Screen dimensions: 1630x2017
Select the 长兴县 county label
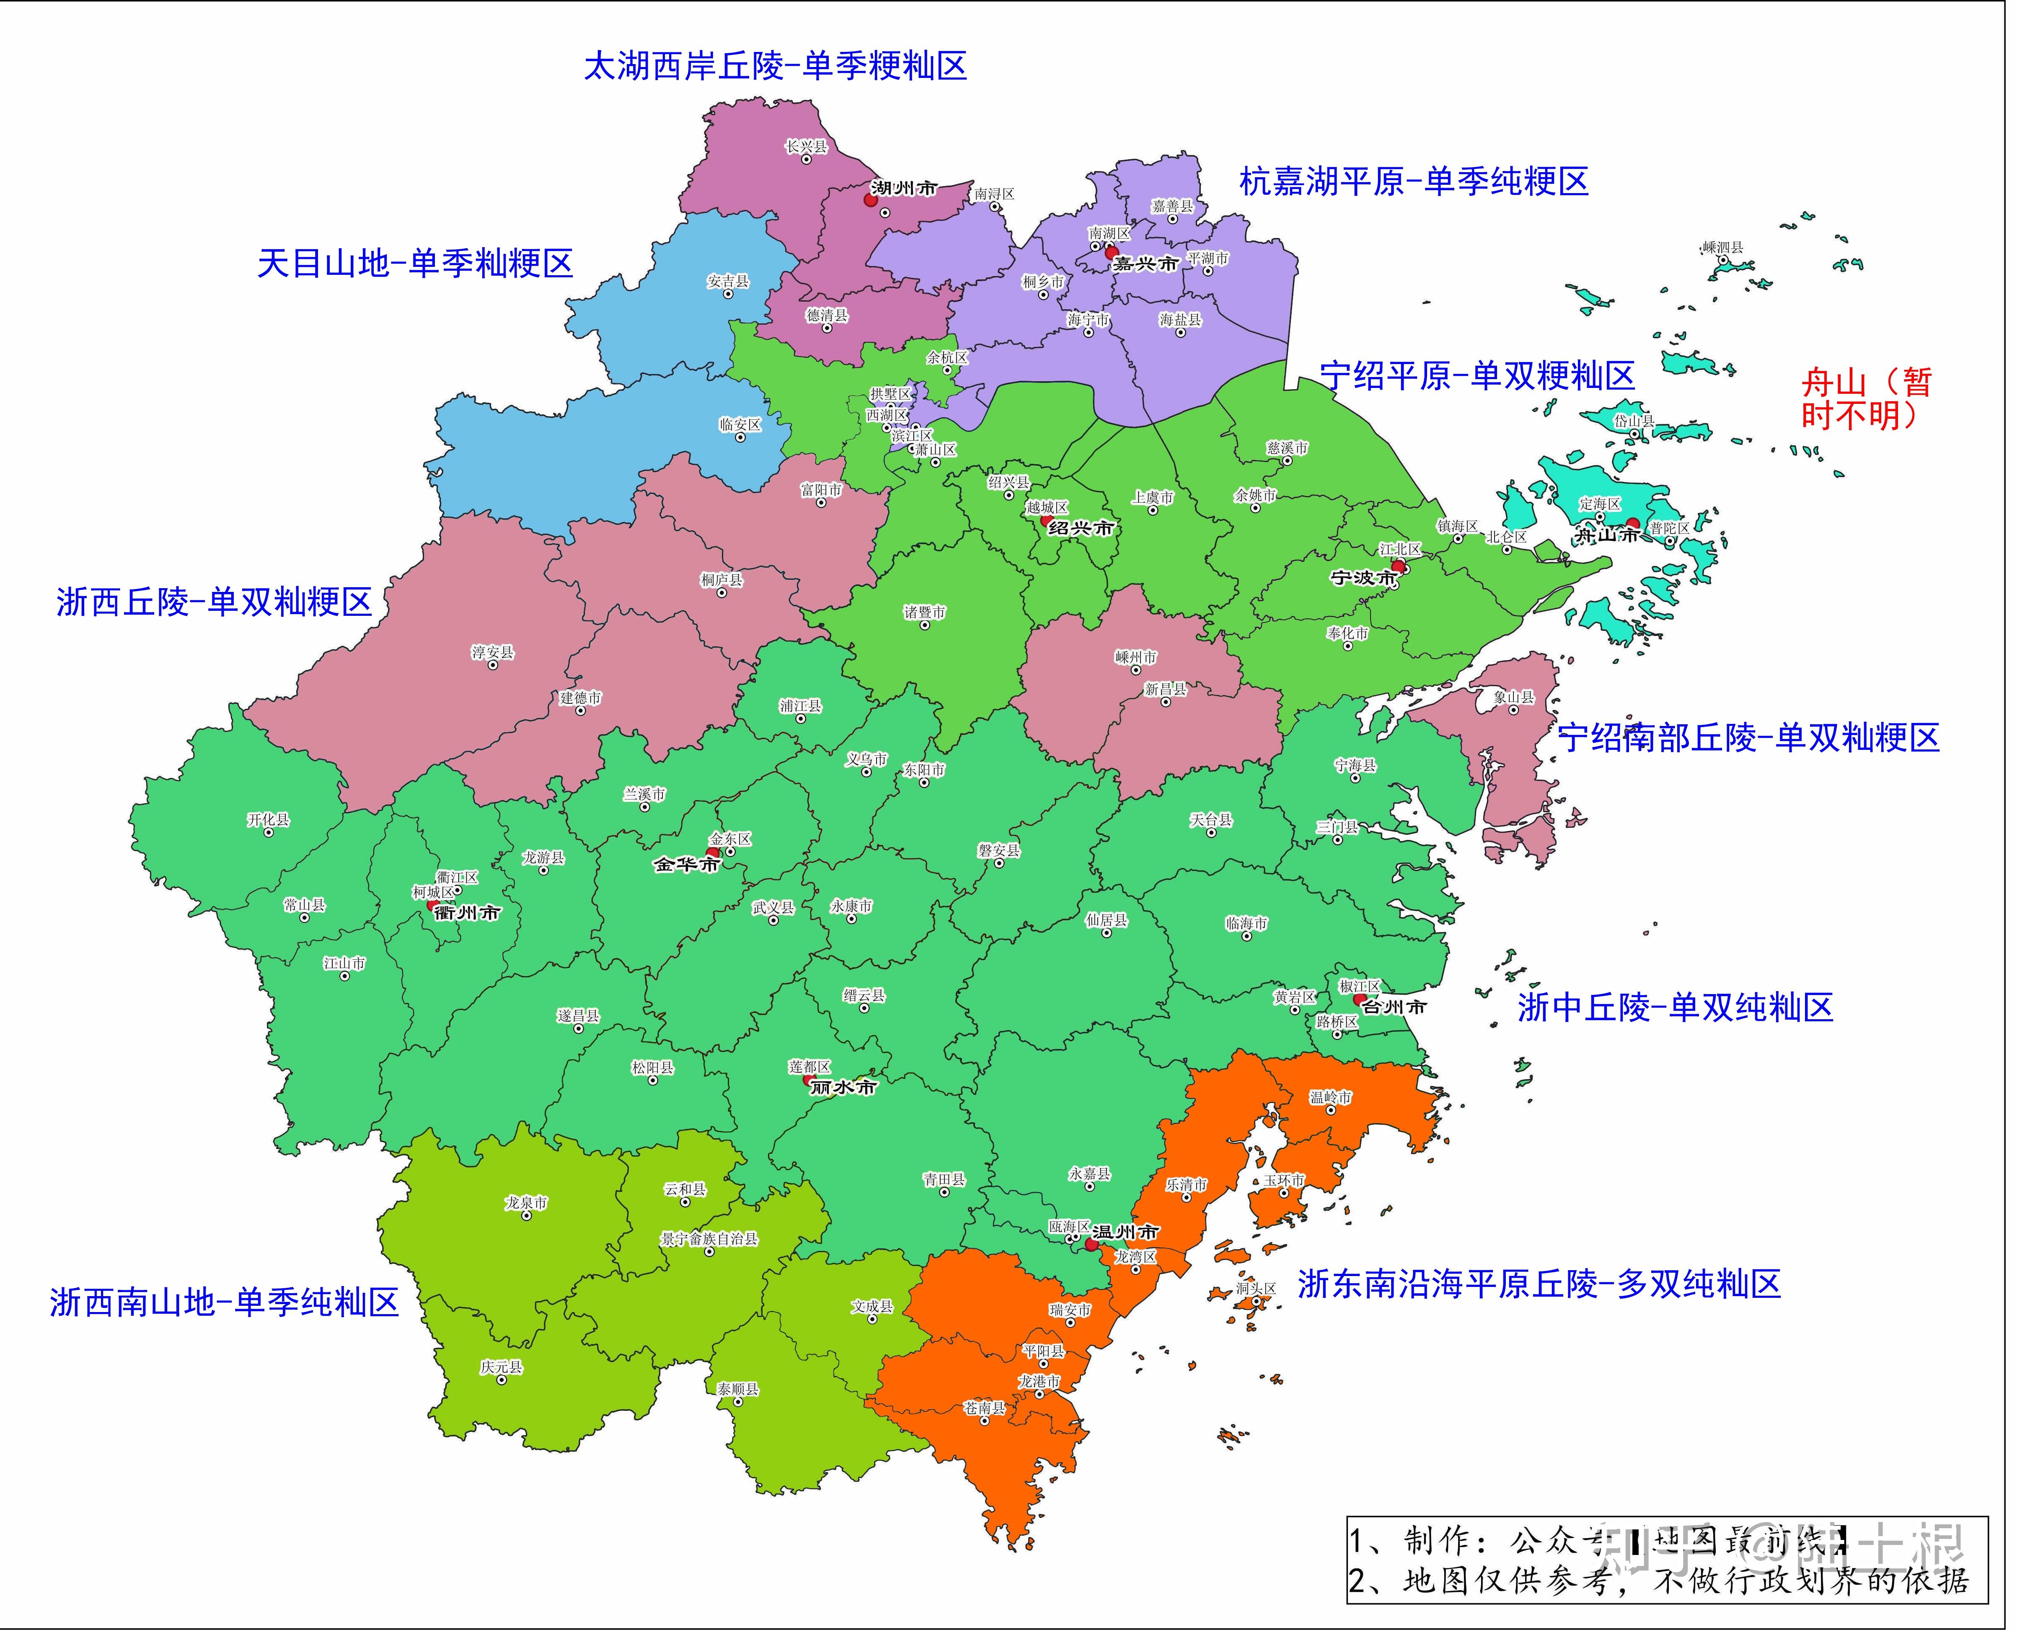(x=807, y=147)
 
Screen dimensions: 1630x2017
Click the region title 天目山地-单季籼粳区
(x=415, y=264)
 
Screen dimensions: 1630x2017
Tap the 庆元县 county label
(x=502, y=1367)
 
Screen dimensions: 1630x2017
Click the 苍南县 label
(x=985, y=1408)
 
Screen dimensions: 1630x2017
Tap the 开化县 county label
(x=269, y=820)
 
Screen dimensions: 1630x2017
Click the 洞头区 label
(x=1255, y=1288)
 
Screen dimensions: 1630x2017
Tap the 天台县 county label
(x=1211, y=820)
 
